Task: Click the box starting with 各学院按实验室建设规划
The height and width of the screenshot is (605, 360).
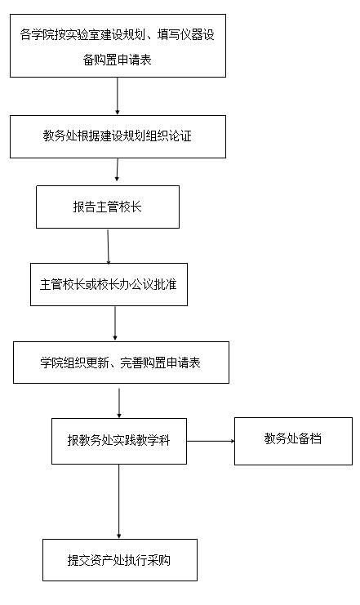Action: point(118,46)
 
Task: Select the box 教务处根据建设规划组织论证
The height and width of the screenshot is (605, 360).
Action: point(118,136)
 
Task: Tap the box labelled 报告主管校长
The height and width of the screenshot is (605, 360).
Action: point(108,207)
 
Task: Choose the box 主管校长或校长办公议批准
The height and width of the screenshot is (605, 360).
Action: point(109,284)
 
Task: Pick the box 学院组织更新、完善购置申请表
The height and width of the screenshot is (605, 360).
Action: point(121,363)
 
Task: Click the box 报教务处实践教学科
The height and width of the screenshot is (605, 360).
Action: point(119,441)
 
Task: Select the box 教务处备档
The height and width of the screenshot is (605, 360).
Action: point(293,441)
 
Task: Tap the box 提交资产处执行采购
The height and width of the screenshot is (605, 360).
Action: point(120,560)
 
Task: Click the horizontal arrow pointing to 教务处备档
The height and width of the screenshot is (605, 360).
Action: point(211,441)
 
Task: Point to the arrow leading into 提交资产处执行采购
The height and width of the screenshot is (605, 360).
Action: point(119,501)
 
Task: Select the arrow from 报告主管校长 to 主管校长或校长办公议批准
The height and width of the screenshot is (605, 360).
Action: point(108,247)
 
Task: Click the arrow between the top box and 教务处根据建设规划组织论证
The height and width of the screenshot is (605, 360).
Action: point(118,96)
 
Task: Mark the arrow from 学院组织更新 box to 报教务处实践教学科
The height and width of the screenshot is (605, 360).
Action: point(119,403)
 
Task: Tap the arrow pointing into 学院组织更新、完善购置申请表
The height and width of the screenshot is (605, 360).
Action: point(115,323)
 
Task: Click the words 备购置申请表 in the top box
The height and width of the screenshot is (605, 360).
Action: point(117,60)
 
